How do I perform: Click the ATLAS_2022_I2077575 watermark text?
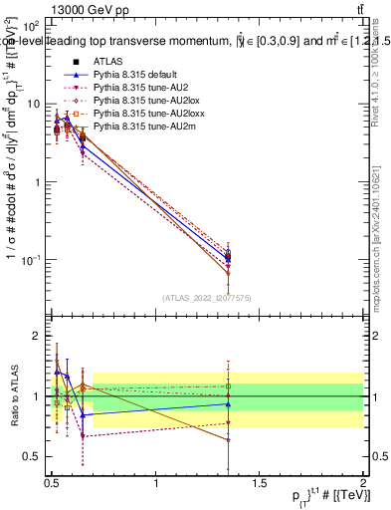(207, 298)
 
